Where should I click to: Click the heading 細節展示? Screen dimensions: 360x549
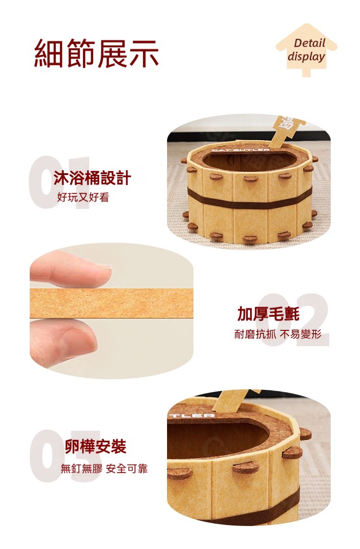pos(96,54)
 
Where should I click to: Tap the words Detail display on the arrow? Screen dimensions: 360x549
pos(307,50)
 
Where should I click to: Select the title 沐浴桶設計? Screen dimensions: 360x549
pos(92,177)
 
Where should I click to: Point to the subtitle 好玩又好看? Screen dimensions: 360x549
pos(83,198)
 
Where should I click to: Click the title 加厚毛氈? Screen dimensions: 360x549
pos(268,314)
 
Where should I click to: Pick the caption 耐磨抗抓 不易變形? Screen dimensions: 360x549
pos(278,334)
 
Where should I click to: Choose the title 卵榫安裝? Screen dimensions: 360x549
pos(96,446)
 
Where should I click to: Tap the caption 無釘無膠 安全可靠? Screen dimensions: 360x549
pos(104,468)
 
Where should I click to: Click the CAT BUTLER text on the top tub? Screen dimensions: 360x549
pos(241,150)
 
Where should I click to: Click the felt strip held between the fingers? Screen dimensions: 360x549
pos(111,303)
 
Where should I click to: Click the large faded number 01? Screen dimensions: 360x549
pos(60,182)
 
